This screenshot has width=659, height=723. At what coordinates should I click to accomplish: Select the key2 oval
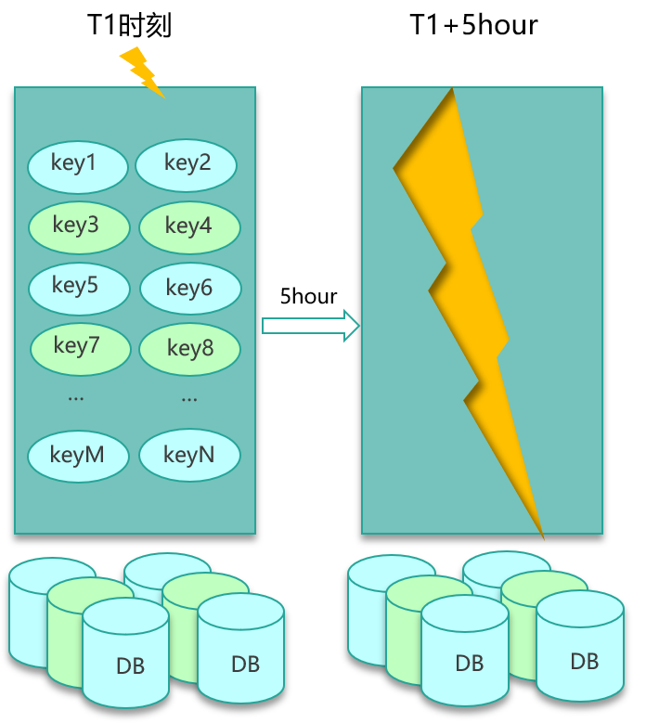pos(187,165)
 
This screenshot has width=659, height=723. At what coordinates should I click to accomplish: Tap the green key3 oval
pos(78,226)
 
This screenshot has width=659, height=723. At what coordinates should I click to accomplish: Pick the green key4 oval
pos(189,227)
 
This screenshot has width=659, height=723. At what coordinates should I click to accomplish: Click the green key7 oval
pos(80,348)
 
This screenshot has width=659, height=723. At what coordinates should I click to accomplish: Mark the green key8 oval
pos(190,350)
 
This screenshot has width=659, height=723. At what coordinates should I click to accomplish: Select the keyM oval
pos(78,457)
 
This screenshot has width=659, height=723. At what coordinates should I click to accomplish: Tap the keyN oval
pos(189,456)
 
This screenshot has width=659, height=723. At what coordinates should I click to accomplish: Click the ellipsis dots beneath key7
pos(76,398)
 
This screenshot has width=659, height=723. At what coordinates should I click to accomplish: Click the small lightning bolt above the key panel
pos(141,71)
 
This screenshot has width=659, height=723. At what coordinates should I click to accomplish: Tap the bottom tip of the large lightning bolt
pos(542,536)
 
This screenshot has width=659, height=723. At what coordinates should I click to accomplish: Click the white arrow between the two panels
pos(310,325)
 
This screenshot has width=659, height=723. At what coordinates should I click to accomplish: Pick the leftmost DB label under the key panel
pos(130,666)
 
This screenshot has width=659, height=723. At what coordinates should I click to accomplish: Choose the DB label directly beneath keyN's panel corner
pos(245,665)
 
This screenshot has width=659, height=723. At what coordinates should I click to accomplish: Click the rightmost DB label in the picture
pos(584,662)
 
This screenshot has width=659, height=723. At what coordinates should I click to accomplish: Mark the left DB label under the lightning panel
pos(469,664)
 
